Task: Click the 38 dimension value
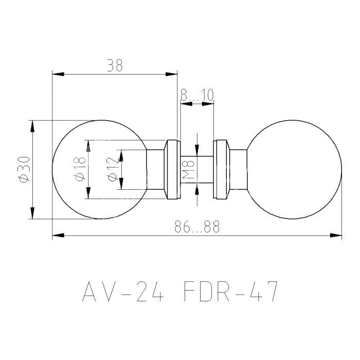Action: pos(115,66)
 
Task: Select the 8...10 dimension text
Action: pos(197,95)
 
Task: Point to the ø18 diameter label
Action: pos(80,170)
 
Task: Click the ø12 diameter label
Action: pos(112,170)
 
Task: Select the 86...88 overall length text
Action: pos(197,227)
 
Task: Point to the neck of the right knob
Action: pos(238,170)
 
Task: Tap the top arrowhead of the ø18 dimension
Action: pos(88,146)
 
